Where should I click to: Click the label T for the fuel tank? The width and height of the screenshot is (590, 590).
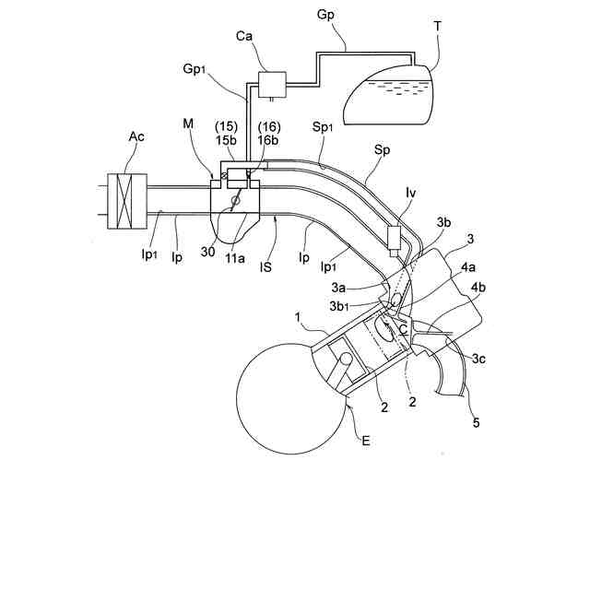437,28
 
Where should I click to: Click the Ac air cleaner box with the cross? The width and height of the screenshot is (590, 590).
123,200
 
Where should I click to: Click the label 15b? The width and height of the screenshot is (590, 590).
228,141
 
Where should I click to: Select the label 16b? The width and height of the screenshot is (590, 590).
267,141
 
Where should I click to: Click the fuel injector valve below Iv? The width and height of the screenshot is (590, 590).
399,239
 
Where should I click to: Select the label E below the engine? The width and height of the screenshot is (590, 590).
366,442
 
